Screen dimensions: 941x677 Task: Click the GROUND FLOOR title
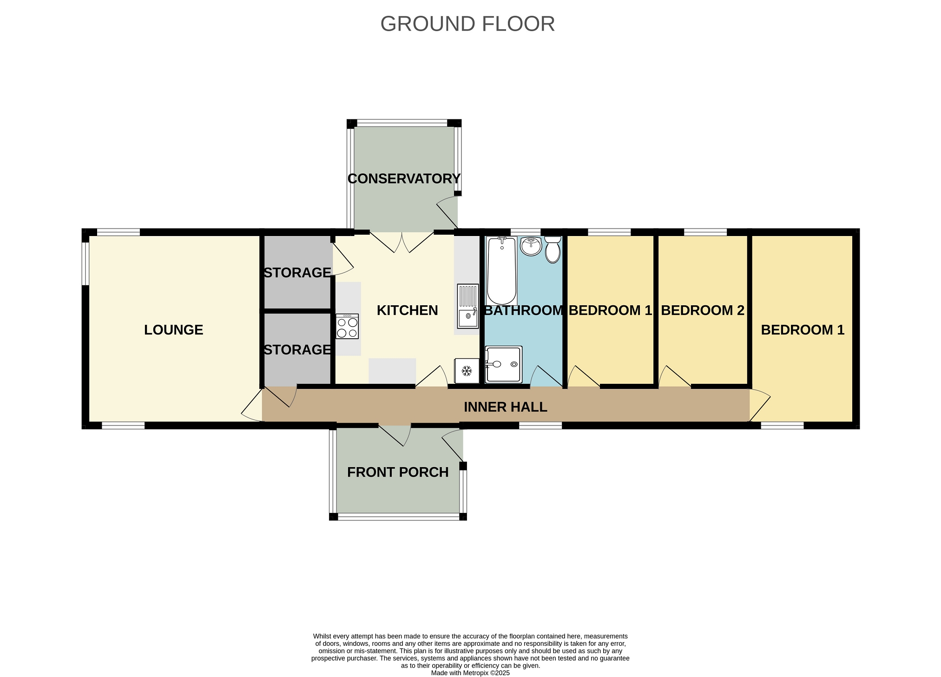(x=467, y=24)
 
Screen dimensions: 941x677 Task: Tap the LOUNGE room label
(x=173, y=330)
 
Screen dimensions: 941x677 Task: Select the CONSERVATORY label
(x=404, y=178)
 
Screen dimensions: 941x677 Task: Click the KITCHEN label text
(x=407, y=310)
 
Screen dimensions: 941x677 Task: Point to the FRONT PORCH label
(x=398, y=472)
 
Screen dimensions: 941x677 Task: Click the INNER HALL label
(x=506, y=407)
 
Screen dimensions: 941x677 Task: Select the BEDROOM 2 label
(x=703, y=310)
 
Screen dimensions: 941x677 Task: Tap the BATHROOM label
(x=524, y=310)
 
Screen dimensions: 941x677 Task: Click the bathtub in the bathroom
(x=501, y=270)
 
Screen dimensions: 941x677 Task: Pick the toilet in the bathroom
(x=553, y=250)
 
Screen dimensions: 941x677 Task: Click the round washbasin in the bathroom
(x=531, y=246)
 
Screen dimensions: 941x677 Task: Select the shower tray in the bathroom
(x=504, y=365)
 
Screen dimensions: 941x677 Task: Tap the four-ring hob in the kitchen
(x=347, y=327)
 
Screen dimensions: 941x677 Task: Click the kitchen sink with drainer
(x=468, y=306)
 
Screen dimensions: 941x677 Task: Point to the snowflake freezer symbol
(x=467, y=371)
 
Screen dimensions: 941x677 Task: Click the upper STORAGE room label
(x=297, y=273)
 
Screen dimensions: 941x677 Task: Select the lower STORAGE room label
(x=297, y=349)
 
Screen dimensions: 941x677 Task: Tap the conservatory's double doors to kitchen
(x=402, y=242)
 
